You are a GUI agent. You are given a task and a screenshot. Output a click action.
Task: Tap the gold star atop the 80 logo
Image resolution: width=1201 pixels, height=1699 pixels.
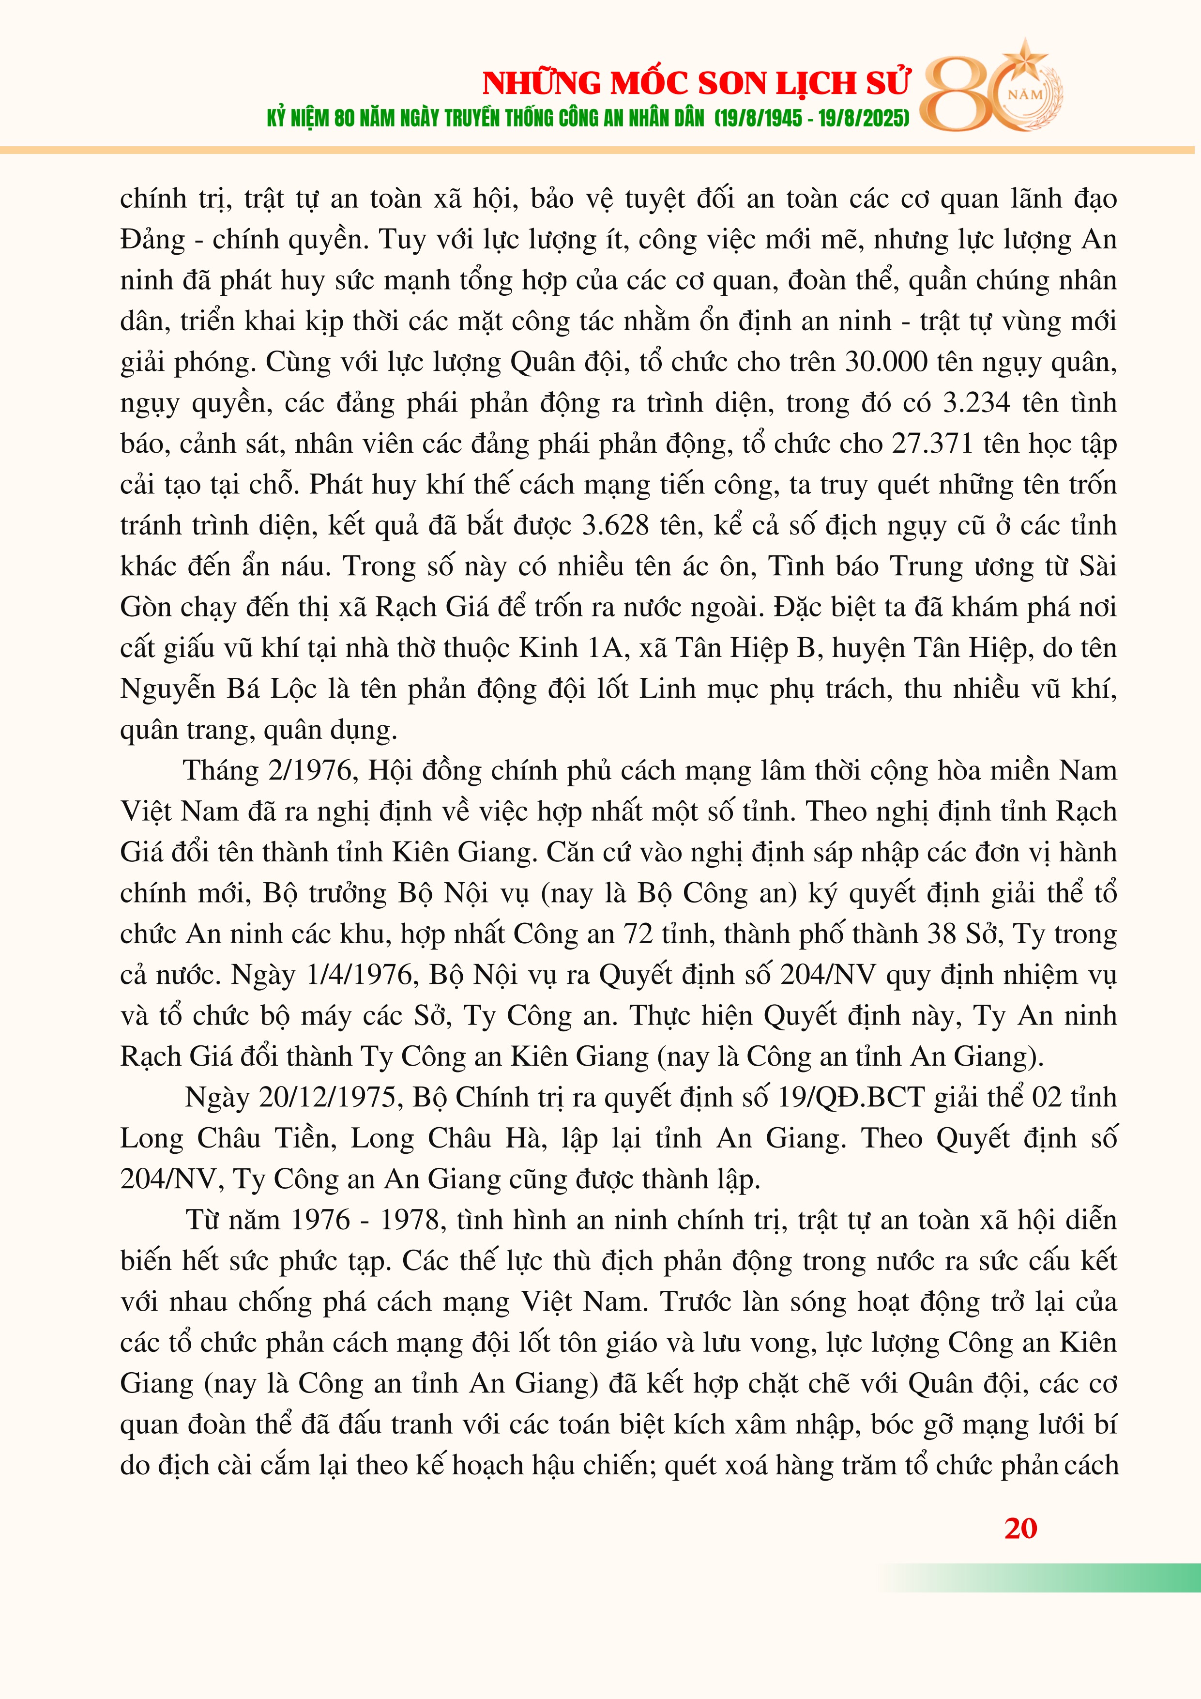1025,56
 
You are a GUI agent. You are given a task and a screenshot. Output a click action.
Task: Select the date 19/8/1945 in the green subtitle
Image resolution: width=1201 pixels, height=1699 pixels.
760,119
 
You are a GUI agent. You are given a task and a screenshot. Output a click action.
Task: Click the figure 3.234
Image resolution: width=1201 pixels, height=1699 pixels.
977,402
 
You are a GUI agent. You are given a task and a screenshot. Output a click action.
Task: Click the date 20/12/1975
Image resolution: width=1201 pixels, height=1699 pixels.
330,1097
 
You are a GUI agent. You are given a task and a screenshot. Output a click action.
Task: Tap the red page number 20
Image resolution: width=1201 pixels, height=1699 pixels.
1020,1529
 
